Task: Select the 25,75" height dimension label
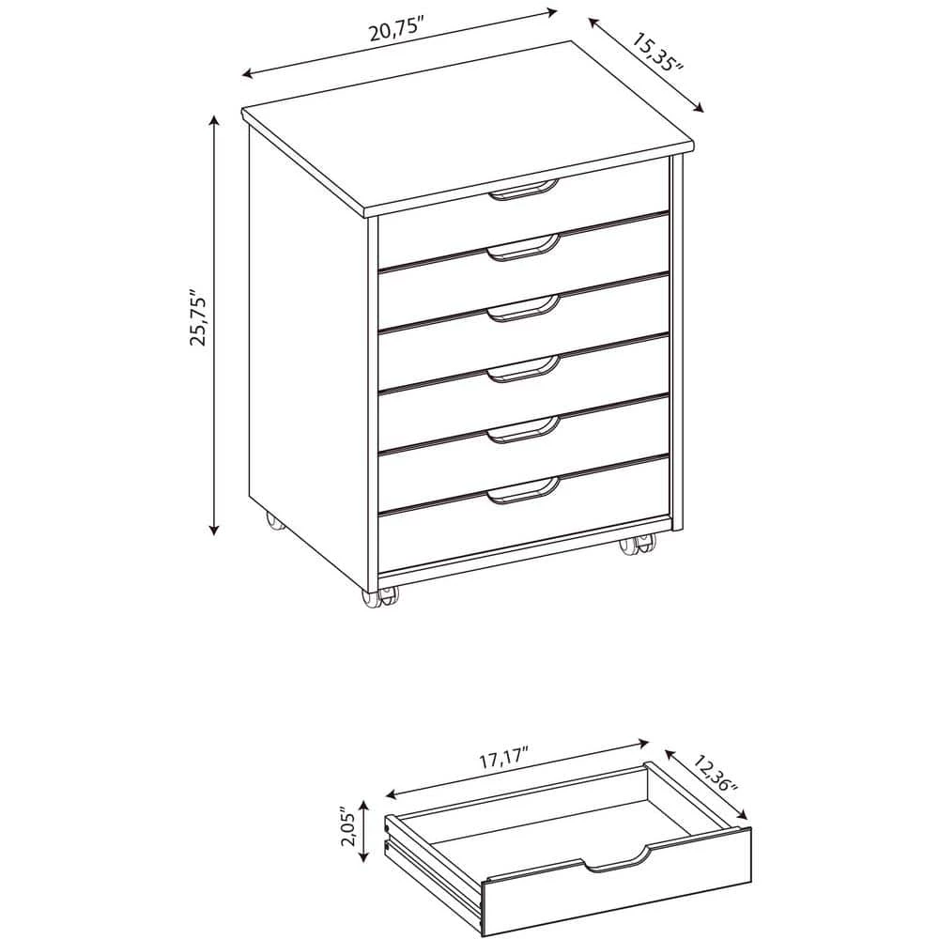click(197, 318)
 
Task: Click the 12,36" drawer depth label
click(715, 773)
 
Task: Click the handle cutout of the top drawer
click(523, 189)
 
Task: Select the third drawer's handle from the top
click(523, 308)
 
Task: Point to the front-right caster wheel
click(638, 545)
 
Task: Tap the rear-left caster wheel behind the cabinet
click(275, 521)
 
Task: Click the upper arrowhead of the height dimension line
click(214, 121)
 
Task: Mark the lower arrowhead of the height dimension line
click(214, 529)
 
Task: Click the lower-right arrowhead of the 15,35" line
click(698, 107)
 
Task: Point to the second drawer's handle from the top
click(523, 247)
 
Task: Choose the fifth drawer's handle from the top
click(523, 429)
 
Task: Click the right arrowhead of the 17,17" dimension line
click(643, 744)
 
